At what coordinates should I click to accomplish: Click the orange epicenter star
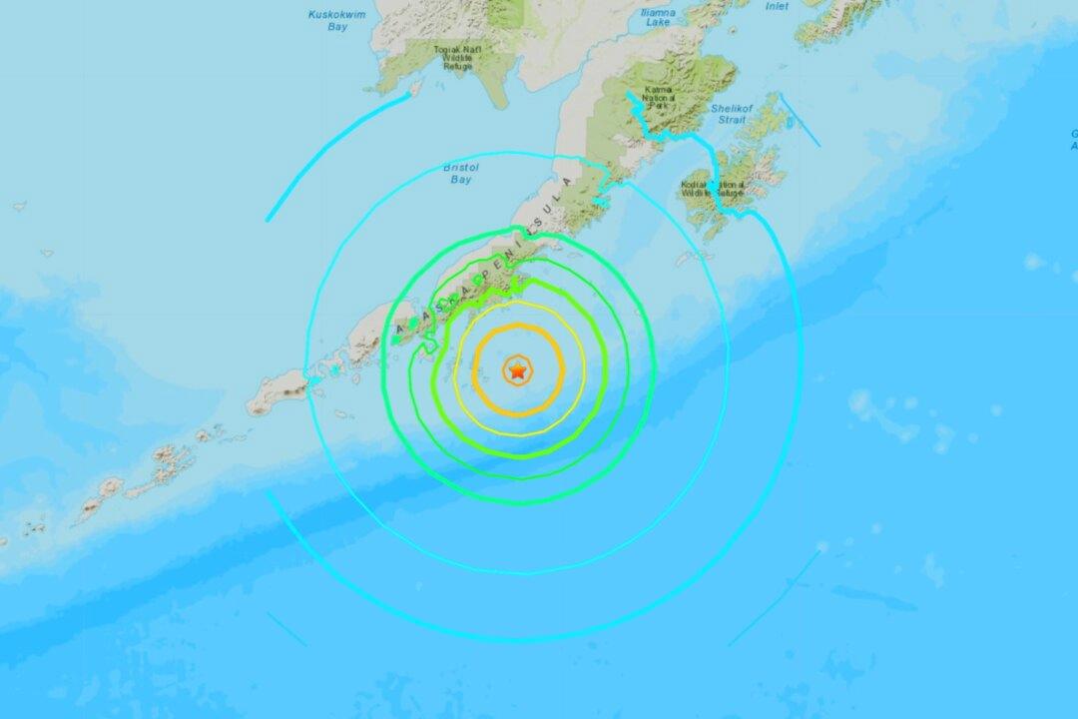(x=517, y=371)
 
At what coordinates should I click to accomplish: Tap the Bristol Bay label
(x=461, y=174)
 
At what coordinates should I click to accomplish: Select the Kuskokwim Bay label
(x=337, y=20)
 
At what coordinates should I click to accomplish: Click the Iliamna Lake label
(x=659, y=17)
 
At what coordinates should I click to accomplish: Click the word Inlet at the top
(x=777, y=6)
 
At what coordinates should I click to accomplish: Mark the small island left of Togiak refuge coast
(x=415, y=88)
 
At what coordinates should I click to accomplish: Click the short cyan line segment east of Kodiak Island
(x=800, y=121)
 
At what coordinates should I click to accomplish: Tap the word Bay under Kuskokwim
(x=337, y=26)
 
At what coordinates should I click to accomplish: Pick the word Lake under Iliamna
(x=659, y=22)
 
